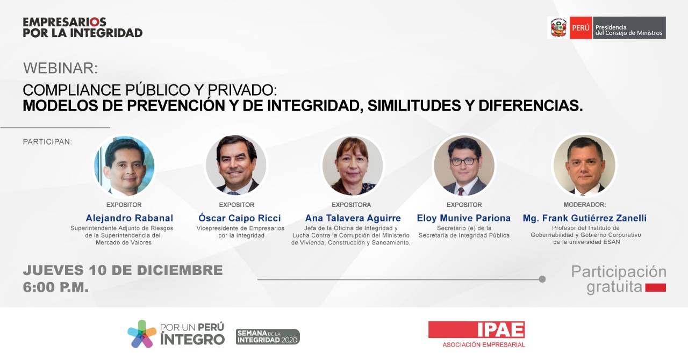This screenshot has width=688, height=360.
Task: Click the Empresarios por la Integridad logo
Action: (x=83, y=27)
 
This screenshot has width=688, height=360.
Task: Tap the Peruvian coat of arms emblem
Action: (x=558, y=27)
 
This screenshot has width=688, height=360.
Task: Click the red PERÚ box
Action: (x=581, y=27)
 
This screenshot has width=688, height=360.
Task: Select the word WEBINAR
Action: (x=60, y=68)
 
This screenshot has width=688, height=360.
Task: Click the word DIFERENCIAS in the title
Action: (x=531, y=106)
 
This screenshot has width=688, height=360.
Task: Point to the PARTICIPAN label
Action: (x=47, y=142)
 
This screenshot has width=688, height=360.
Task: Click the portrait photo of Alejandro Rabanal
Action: (x=124, y=166)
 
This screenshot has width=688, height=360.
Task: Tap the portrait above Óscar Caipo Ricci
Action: (x=236, y=165)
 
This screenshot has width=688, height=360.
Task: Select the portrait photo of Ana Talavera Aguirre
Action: (x=352, y=166)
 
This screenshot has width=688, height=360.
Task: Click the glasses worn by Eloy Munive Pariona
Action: (x=464, y=161)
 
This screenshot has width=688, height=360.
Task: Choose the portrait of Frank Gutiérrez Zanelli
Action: (x=584, y=165)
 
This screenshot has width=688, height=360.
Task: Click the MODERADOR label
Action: (x=584, y=205)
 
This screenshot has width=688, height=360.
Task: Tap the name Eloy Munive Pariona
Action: (x=463, y=218)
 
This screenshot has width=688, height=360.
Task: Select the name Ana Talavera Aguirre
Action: (x=353, y=218)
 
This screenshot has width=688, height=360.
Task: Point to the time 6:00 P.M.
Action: (x=56, y=287)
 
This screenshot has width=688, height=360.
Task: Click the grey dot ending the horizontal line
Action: (x=542, y=279)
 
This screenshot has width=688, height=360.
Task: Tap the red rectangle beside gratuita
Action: (x=655, y=287)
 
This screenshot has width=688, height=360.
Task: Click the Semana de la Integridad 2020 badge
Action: (x=268, y=337)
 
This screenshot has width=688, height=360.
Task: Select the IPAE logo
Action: (x=476, y=334)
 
